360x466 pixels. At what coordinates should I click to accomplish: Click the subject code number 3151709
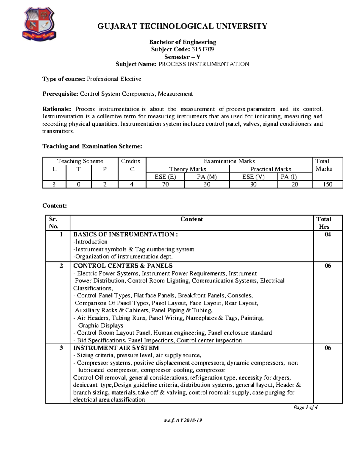coord(202,49)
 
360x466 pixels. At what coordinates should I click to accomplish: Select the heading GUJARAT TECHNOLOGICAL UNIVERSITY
coord(182,26)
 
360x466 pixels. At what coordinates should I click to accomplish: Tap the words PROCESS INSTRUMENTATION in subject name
coord(203,64)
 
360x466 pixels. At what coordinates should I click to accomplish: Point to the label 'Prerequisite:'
coord(60,94)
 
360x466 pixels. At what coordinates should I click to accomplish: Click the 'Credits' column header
coord(130,161)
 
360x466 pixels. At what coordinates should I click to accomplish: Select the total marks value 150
coord(327,184)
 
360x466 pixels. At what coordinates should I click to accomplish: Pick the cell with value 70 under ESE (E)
coord(165,184)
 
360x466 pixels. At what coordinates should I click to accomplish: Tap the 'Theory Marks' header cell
coord(187,169)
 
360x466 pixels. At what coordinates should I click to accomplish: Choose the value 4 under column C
coord(132,184)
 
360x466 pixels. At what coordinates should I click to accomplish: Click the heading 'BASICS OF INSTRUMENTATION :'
coord(125,234)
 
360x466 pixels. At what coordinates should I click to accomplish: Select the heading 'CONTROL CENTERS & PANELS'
coord(123,266)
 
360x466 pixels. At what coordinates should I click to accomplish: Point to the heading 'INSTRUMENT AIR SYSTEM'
coord(116,348)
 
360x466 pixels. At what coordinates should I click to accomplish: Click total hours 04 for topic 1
coord(328,234)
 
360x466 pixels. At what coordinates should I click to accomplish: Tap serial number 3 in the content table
coord(61,348)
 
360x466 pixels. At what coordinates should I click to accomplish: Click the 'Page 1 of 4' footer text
coord(305,407)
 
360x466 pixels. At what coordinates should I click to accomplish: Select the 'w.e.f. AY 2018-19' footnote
coord(183,420)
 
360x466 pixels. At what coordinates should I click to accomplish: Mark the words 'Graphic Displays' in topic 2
coord(100,325)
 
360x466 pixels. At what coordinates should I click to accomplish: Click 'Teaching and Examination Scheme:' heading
coord(92,146)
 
